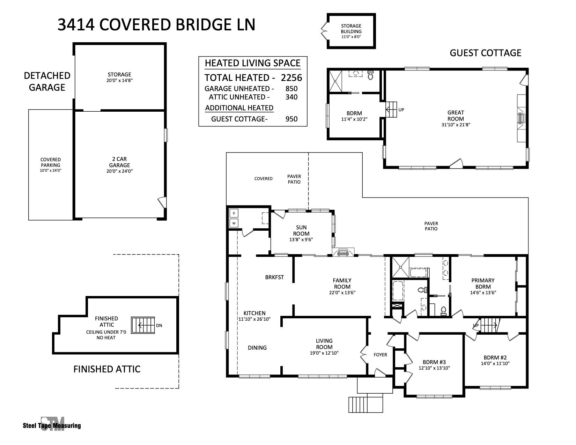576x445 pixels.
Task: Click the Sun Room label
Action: click(301, 230)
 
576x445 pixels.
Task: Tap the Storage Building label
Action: click(351, 29)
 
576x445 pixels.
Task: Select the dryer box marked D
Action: click(234, 213)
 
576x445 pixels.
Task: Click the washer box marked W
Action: click(234, 223)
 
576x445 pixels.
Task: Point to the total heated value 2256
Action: click(291, 77)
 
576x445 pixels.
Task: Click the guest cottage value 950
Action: click(291, 119)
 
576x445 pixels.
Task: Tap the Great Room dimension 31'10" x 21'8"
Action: click(456, 125)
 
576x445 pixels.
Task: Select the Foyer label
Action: click(380, 355)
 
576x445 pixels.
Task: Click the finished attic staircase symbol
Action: click(143, 325)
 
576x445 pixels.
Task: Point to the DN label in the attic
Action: click(159, 326)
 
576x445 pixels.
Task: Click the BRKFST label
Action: click(274, 277)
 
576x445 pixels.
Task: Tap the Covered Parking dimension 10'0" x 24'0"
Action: click(50, 170)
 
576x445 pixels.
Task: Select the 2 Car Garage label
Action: click(119, 162)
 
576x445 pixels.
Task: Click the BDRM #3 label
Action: click(434, 362)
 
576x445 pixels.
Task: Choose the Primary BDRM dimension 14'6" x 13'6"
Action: click(483, 292)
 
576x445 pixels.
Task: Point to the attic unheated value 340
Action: click(291, 97)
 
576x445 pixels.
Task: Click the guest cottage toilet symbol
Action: click(371, 75)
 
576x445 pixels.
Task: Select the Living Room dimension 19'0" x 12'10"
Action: click(324, 353)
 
